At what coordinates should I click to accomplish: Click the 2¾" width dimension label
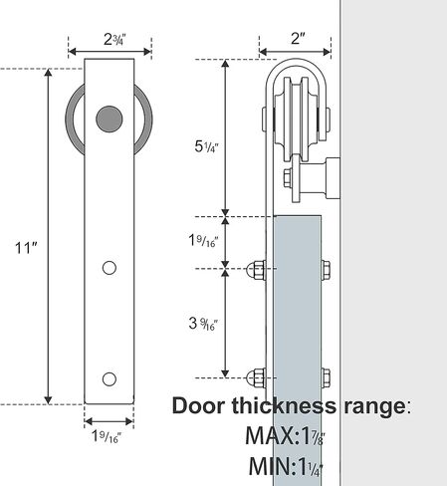tap(111, 39)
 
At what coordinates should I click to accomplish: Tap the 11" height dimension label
tap(22, 247)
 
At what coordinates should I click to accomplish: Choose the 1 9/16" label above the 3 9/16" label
tap(203, 241)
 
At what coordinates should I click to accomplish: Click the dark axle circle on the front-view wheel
tap(110, 119)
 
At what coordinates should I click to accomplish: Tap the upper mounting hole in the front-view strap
tap(110, 267)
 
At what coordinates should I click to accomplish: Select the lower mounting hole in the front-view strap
tap(110, 377)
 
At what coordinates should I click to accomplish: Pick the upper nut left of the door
tap(255, 269)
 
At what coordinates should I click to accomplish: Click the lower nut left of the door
tap(255, 377)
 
